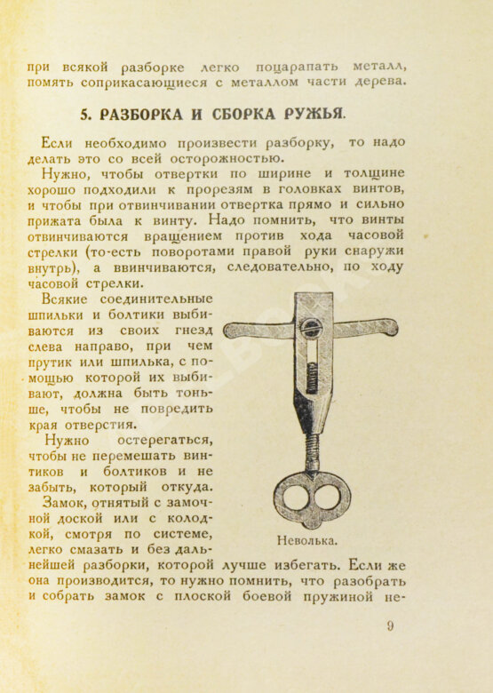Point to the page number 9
389,626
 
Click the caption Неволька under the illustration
307,539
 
